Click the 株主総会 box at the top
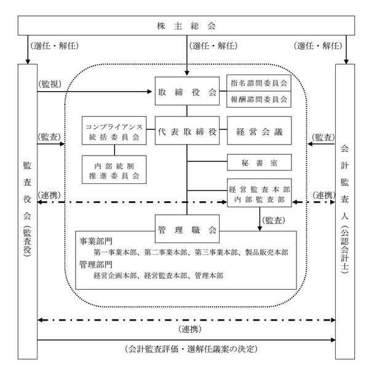(x=186, y=26)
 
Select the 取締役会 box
(x=187, y=91)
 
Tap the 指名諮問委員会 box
(x=259, y=83)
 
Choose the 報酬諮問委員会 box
(x=259, y=99)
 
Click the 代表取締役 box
(x=187, y=130)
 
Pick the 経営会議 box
(x=260, y=130)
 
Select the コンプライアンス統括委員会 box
(x=114, y=130)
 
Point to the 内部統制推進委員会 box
(x=114, y=170)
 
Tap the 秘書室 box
(x=260, y=162)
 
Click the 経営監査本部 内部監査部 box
(x=260, y=193)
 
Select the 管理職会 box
(x=187, y=229)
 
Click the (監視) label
(x=50, y=84)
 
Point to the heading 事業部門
(x=96, y=241)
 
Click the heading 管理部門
(x=96, y=265)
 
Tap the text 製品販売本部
(x=266, y=252)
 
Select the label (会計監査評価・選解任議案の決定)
(x=191, y=349)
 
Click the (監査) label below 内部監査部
(x=274, y=220)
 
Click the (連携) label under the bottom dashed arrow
(x=190, y=329)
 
